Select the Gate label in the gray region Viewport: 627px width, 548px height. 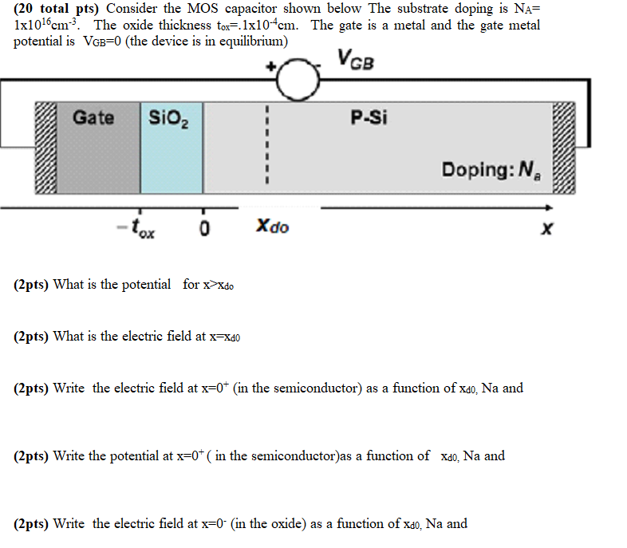[x=93, y=118]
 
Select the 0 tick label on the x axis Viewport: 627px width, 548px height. [x=204, y=229]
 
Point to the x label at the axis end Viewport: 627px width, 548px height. [x=546, y=230]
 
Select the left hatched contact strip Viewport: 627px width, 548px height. [x=45, y=148]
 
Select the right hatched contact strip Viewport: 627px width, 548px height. [x=564, y=148]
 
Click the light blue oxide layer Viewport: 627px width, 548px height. [x=171, y=160]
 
